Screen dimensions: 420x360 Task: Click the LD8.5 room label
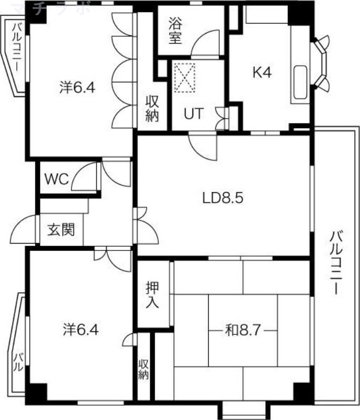click(x=222, y=198)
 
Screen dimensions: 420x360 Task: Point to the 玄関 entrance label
click(x=61, y=230)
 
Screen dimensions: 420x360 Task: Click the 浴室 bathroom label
click(x=175, y=31)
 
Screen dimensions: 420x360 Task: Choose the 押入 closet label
click(x=153, y=295)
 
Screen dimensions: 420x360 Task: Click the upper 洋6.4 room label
click(x=77, y=88)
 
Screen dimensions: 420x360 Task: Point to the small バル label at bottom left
click(x=17, y=362)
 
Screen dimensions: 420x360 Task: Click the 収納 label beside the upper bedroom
click(x=152, y=109)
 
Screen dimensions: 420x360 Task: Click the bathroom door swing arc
click(x=202, y=47)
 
